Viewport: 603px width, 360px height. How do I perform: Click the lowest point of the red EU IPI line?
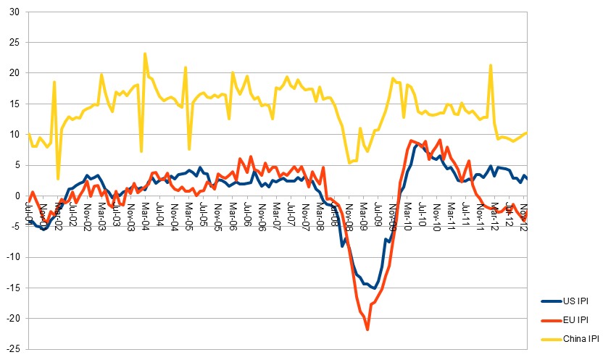pos(367,330)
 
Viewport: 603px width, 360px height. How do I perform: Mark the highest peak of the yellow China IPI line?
pos(145,54)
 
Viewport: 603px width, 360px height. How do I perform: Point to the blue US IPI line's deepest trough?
pos(375,288)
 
